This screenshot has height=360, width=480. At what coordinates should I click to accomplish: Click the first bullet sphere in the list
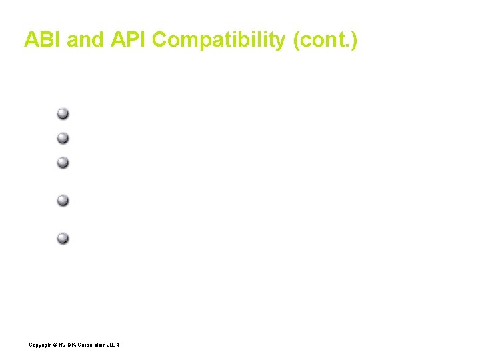coord(63,113)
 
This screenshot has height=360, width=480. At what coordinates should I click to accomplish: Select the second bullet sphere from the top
coord(63,138)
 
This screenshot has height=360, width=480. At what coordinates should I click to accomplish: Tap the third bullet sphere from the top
coord(63,162)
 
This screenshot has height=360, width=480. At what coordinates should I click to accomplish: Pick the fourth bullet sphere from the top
coord(63,200)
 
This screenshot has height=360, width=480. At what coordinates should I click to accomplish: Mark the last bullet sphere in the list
coord(63,238)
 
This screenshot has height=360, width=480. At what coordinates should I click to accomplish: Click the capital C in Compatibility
coord(160,40)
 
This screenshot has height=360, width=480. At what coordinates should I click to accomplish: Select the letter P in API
coord(129,40)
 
